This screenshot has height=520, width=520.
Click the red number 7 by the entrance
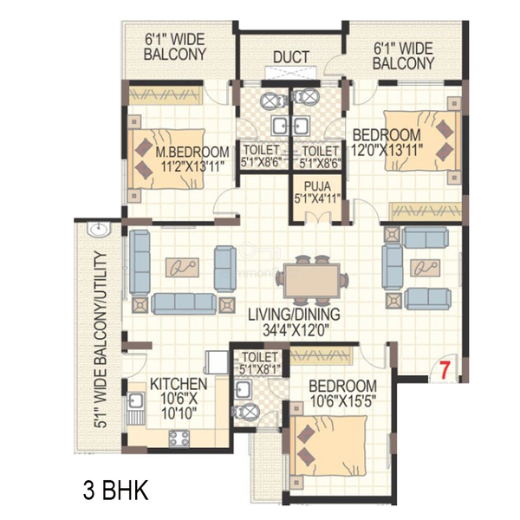click(444, 370)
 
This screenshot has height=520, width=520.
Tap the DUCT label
click(291, 57)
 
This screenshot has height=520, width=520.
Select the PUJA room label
click(317, 185)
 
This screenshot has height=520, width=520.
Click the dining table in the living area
click(311, 281)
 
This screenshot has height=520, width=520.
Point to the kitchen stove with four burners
click(179, 439)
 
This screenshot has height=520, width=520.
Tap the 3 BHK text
click(115, 491)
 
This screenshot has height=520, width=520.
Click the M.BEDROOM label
click(192, 153)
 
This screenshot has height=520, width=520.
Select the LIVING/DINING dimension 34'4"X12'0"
click(296, 330)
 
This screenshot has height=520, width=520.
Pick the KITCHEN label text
click(179, 384)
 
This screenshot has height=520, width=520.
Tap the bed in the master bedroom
click(168, 159)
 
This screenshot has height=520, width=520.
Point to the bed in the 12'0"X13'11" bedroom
click(422, 141)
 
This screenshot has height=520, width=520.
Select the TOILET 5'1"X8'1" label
click(260, 363)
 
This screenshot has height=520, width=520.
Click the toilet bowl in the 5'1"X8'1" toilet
click(245, 413)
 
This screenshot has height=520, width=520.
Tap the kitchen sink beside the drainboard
click(135, 400)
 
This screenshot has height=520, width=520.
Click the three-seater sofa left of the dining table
click(184, 303)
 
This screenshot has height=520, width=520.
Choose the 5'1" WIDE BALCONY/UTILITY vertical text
click(101, 339)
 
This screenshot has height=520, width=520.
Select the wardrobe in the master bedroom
click(166, 95)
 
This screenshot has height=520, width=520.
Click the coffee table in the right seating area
click(426, 267)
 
